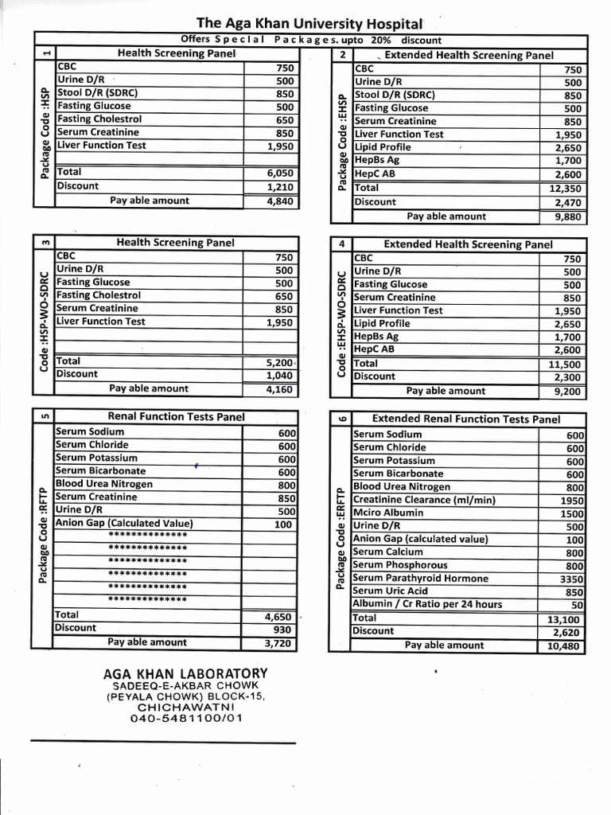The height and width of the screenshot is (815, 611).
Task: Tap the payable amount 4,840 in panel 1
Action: pyautogui.click(x=279, y=201)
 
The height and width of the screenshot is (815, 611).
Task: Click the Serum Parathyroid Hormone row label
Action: pyautogui.click(x=420, y=579)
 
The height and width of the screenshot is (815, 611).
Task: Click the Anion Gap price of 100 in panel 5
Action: pyautogui.click(x=282, y=524)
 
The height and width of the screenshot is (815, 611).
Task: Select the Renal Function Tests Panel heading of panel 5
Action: pyautogui.click(x=176, y=416)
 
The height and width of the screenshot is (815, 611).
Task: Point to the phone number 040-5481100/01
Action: pyautogui.click(x=186, y=718)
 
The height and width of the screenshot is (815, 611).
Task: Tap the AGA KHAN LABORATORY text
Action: pyautogui.click(x=185, y=673)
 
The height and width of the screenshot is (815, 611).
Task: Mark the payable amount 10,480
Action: pyautogui.click(x=565, y=646)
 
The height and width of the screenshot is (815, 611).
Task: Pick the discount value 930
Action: pyautogui.click(x=282, y=629)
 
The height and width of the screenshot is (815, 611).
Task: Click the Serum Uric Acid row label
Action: pyautogui.click(x=391, y=591)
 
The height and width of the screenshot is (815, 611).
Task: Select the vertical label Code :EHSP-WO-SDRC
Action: pyautogui.click(x=341, y=324)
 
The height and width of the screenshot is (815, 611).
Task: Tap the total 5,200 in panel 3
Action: pyautogui.click(x=280, y=361)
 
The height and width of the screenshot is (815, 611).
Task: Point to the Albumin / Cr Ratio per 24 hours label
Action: pyautogui.click(x=427, y=604)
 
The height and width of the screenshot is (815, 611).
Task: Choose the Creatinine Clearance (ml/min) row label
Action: pyautogui.click(x=424, y=500)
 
